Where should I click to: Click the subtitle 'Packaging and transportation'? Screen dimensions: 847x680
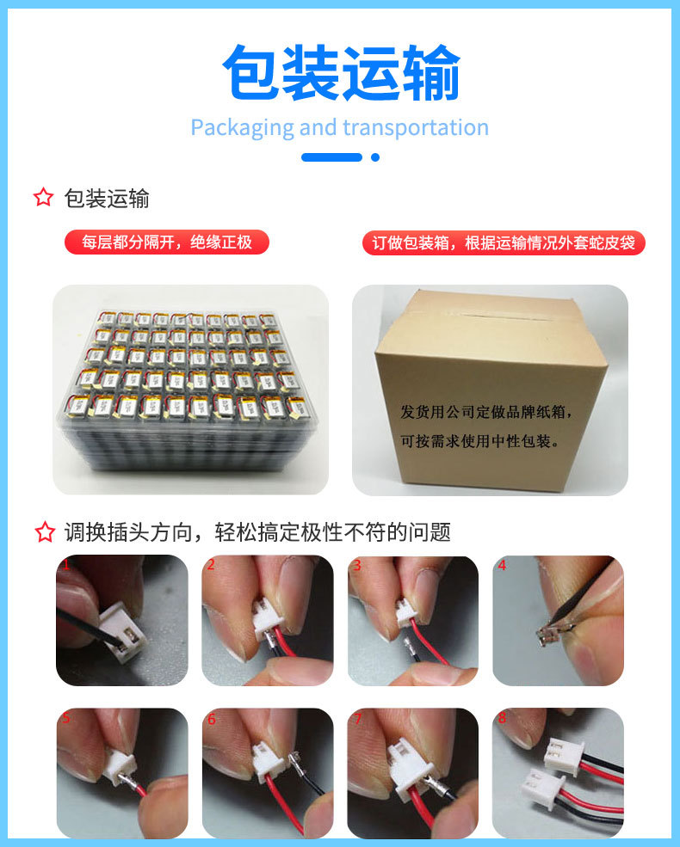(x=339, y=128)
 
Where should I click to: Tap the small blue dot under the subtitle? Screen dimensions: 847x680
(x=374, y=157)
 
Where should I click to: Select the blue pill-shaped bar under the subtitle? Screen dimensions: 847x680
(x=331, y=157)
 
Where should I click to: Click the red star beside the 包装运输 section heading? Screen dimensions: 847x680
(x=44, y=198)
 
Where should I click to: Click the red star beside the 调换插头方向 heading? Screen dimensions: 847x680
(x=44, y=532)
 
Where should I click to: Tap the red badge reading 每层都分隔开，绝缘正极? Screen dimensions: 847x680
(x=167, y=242)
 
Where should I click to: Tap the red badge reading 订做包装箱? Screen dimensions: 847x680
(x=504, y=242)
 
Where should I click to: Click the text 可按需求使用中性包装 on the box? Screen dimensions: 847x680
(x=480, y=441)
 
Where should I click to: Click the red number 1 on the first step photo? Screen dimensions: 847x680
(x=65, y=566)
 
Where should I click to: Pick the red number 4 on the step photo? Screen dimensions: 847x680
(x=502, y=566)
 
